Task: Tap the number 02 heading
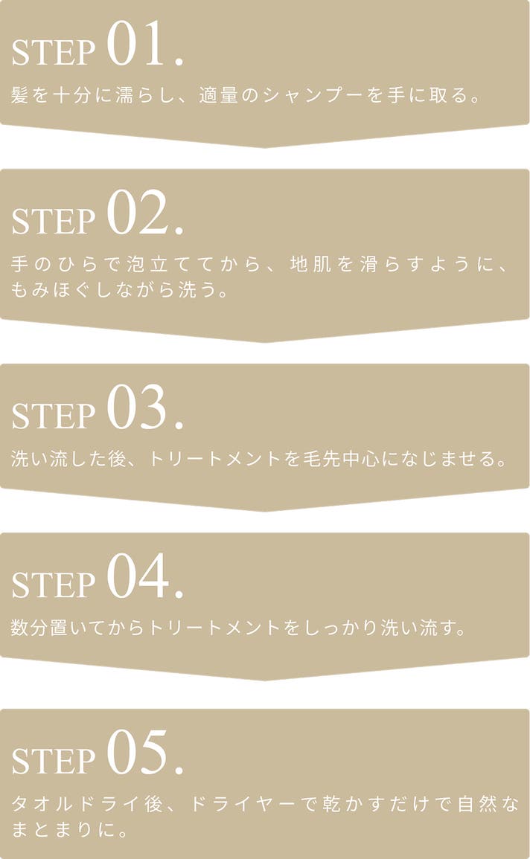144,213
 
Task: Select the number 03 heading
144,408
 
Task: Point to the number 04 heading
144,577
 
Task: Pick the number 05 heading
144,753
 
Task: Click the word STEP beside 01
53,53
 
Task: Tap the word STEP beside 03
53,416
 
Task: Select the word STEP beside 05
53,762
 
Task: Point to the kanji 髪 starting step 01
20,95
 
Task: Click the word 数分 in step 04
28,627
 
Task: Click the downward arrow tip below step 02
265,342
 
